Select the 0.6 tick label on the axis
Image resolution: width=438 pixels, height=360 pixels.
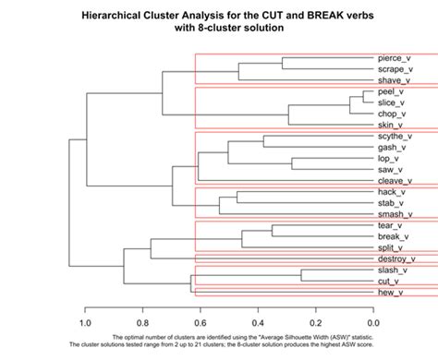pyautogui.click(x=200, y=323)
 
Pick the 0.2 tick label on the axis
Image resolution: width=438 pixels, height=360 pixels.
pyautogui.click(x=316, y=323)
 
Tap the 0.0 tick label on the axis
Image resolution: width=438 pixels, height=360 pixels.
pyautogui.click(x=373, y=323)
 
